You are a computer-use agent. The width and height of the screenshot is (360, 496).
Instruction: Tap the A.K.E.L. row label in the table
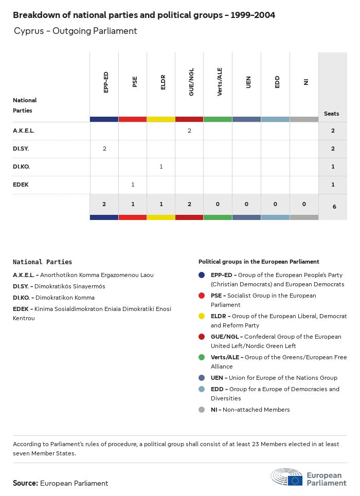pos(24,131)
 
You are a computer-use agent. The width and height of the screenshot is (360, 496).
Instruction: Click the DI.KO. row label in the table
pos(23,167)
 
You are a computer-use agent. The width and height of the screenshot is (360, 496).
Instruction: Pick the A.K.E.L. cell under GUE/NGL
pos(189,131)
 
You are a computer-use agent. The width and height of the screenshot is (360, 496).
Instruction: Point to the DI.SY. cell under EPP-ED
pos(104,149)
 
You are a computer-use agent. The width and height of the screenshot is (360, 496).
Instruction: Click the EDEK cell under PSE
pos(133,185)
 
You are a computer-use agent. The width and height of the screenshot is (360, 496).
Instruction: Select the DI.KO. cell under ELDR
pos(161,167)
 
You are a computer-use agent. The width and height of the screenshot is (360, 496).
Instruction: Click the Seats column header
pos(332,114)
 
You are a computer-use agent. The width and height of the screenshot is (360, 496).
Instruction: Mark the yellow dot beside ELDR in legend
pos(202,316)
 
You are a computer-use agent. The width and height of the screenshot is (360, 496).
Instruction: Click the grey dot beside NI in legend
pos(202,410)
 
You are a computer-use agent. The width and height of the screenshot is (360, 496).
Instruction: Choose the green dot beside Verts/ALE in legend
pos(202,357)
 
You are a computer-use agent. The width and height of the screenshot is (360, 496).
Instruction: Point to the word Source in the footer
pos(25,483)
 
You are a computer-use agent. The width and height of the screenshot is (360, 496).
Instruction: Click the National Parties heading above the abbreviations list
pos(42,262)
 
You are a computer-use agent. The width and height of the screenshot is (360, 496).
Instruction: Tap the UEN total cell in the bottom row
pos(246,205)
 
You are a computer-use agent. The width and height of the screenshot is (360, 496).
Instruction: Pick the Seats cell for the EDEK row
pos(333,185)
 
